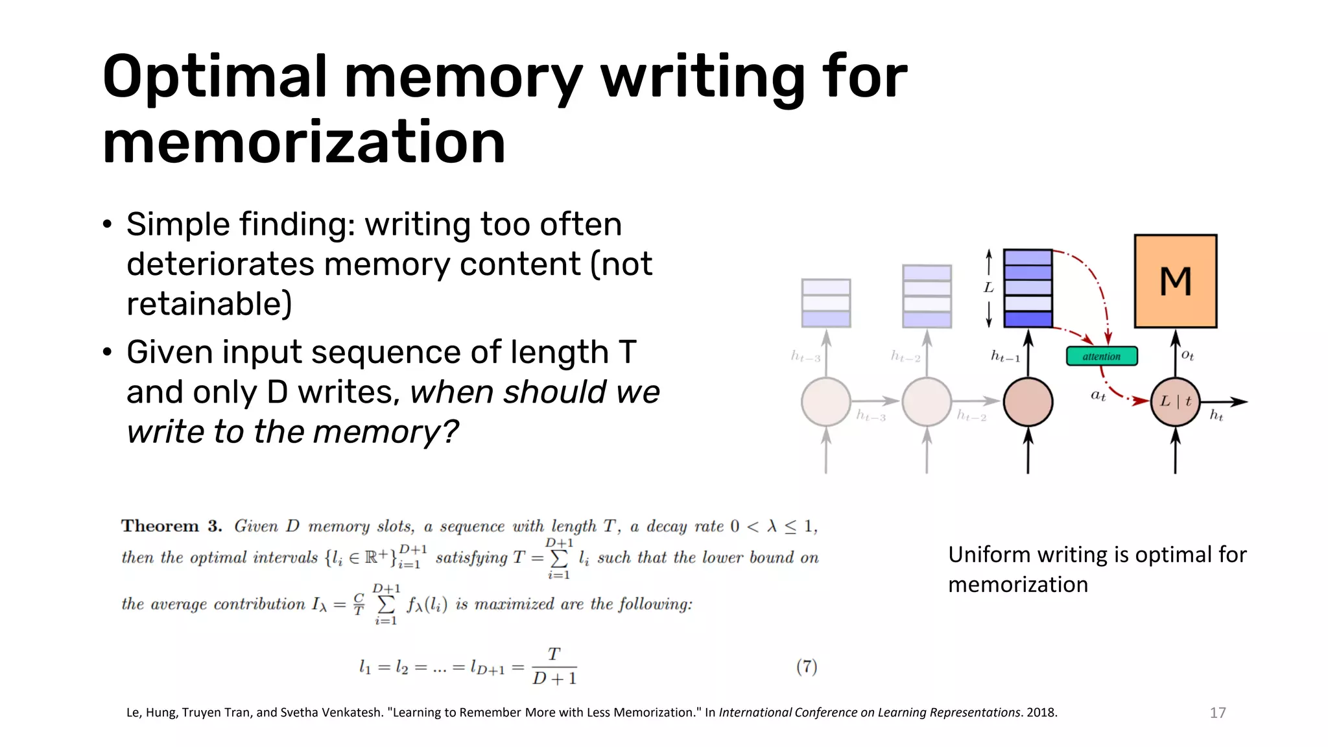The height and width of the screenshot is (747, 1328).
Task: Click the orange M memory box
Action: pyautogui.click(x=1175, y=281)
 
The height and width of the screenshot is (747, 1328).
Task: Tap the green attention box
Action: pyautogui.click(x=1102, y=356)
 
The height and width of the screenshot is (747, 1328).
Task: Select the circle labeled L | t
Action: pyautogui.click(x=1175, y=401)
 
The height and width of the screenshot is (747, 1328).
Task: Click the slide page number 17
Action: pyautogui.click(x=1217, y=713)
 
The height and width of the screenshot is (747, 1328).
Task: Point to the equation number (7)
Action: pyautogui.click(x=806, y=667)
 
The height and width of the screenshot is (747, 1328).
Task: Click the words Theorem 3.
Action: pyautogui.click(x=171, y=526)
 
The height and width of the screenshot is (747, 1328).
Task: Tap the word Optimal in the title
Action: pyautogui.click(x=214, y=78)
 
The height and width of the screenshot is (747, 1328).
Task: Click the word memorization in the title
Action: pyautogui.click(x=303, y=143)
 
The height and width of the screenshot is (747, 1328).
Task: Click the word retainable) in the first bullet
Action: pyautogui.click(x=209, y=304)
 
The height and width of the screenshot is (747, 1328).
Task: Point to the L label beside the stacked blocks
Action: pyautogui.click(x=988, y=287)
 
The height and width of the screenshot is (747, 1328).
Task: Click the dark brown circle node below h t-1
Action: pyautogui.click(x=1028, y=402)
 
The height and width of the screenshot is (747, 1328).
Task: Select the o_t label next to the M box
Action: pyautogui.click(x=1187, y=355)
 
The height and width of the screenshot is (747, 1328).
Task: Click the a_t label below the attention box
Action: pyautogui.click(x=1098, y=395)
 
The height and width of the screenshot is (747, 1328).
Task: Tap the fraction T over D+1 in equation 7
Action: pyautogui.click(x=554, y=667)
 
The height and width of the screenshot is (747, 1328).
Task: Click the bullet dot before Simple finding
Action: pyautogui.click(x=107, y=225)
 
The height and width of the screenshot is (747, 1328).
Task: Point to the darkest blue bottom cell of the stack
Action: pyautogui.click(x=1028, y=319)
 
